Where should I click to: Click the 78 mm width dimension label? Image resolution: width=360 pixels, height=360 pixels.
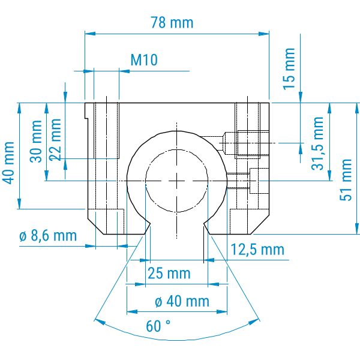(172, 23)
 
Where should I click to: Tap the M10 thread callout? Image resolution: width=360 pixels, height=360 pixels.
(144, 60)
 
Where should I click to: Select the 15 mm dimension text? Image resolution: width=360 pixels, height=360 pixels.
(289, 69)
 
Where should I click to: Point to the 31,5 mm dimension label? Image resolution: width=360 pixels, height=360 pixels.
(317, 143)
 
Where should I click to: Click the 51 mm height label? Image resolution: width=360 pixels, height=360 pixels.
(346, 180)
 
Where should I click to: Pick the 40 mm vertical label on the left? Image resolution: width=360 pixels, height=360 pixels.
(9, 163)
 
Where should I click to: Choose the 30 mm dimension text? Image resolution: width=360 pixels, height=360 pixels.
(36, 141)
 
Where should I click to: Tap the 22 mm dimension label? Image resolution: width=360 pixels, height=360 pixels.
(55, 139)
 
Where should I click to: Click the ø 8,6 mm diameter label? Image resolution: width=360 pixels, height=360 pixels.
(48, 236)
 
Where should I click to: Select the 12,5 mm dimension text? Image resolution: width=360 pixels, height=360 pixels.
(257, 250)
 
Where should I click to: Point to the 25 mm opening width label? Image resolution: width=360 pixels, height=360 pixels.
(169, 273)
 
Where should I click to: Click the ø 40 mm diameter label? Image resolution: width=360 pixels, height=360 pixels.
(182, 301)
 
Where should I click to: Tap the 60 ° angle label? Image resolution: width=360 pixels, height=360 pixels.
(158, 326)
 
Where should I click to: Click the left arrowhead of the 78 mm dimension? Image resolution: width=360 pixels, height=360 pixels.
(90, 34)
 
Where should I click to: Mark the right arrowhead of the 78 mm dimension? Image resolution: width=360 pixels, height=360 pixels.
(264, 34)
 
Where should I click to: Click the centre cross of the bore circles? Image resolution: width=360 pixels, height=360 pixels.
(176, 181)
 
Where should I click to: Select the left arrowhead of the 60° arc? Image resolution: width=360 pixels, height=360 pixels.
(100, 321)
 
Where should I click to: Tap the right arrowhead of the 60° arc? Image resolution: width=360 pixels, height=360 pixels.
(254, 321)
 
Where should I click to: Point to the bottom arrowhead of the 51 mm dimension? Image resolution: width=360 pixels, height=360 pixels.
(357, 229)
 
